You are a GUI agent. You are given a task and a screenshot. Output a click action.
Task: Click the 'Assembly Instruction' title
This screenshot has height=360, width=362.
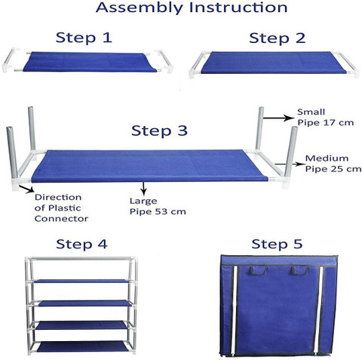[192, 8]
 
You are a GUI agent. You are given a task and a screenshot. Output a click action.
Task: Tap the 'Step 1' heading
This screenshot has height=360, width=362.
[84, 38]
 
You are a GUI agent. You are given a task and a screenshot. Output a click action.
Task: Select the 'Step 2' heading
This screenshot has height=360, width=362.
[278, 38]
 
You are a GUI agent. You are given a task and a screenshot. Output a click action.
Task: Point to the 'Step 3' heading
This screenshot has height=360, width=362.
[159, 131]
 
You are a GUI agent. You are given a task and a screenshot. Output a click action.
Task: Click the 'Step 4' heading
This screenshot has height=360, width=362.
[81, 244]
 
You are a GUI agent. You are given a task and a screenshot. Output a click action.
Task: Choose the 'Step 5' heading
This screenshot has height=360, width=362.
[277, 244]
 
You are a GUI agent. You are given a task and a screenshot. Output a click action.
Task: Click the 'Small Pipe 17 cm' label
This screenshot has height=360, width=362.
[325, 117]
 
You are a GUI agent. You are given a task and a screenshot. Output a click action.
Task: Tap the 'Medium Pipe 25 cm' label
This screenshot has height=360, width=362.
[333, 164]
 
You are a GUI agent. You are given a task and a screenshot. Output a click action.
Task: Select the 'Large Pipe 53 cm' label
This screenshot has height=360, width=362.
[158, 206]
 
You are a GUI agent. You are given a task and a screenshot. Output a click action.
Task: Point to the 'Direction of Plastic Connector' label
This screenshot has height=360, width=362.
[61, 208]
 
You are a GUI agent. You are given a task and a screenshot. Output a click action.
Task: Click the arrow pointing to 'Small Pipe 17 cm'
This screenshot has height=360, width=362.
[278, 118]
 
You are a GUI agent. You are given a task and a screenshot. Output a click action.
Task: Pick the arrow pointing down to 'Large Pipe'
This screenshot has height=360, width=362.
[143, 189]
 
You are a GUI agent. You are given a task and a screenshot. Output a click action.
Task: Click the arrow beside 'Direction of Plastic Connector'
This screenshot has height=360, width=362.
[26, 189]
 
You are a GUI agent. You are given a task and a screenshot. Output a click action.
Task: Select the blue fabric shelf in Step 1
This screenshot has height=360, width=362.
[90, 62]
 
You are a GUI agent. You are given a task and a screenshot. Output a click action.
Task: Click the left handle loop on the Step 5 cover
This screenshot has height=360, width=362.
[257, 271]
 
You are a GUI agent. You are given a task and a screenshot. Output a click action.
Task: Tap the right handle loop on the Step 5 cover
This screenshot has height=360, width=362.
[299, 271]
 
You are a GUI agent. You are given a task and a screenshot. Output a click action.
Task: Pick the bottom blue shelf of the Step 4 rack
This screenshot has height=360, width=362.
[81, 346]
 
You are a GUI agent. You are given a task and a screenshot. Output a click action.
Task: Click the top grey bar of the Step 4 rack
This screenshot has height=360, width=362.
[81, 258]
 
